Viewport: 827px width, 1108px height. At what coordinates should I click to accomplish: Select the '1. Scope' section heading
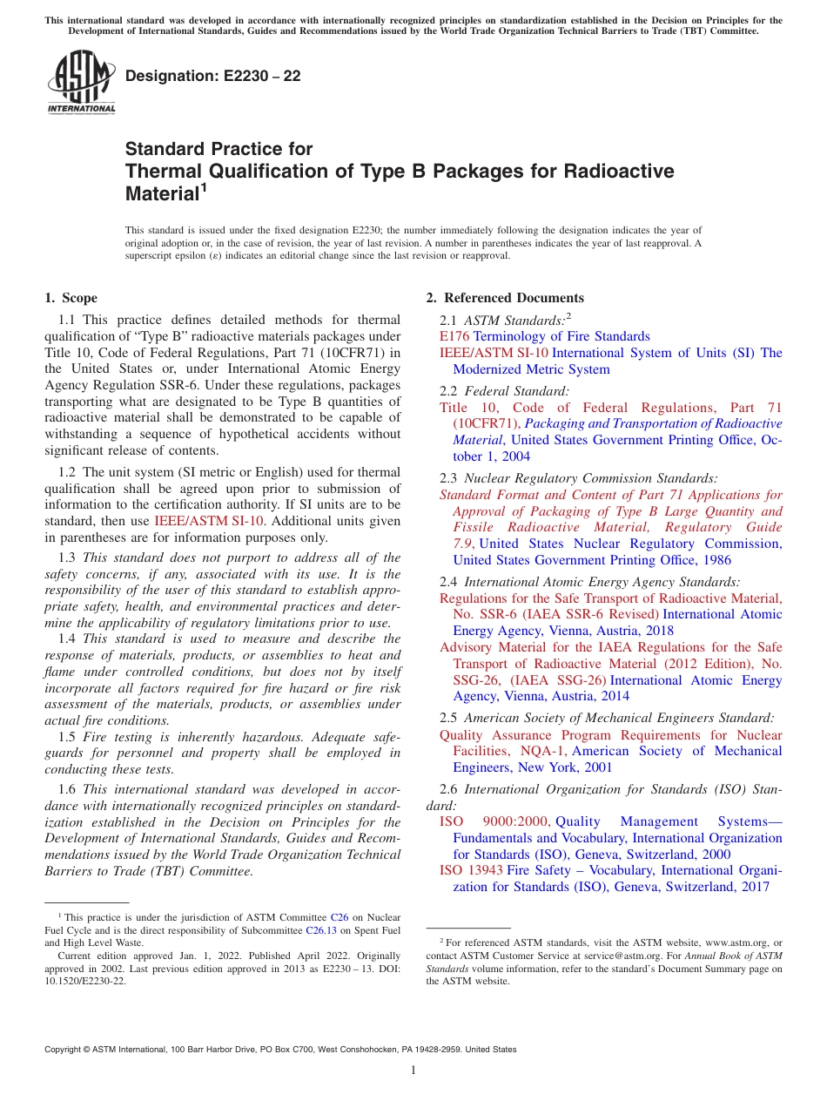71,298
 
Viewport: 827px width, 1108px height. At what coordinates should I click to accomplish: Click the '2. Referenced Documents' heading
505,298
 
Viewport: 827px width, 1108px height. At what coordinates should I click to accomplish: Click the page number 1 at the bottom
413,1071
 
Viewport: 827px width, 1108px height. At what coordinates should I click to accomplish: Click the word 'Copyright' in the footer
64,1050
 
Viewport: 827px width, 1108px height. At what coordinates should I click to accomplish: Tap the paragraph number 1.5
67,737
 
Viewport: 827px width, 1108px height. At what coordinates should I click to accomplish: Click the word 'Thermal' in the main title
162,171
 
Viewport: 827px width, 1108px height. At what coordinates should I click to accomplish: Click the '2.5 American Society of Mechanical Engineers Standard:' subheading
607,719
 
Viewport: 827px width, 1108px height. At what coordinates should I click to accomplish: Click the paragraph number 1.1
67,321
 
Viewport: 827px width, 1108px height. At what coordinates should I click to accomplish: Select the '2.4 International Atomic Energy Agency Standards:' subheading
590,581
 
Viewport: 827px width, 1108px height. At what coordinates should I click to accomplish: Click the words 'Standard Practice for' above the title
219,149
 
